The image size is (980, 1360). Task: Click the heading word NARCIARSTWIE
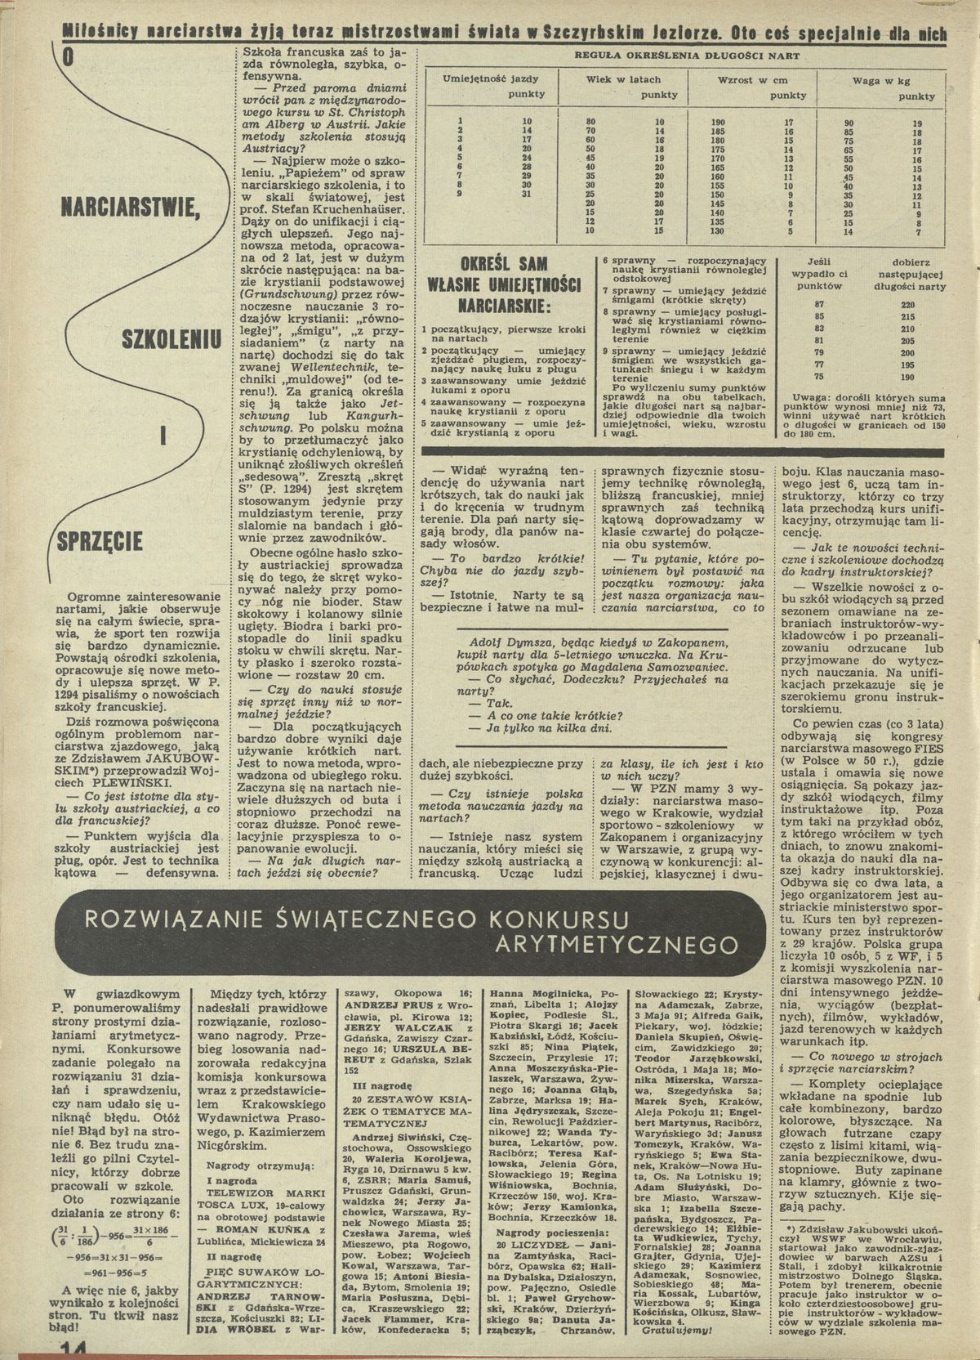[130, 214]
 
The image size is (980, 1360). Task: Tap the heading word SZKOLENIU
[171, 336]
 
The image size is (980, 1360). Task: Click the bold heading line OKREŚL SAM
[504, 266]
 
